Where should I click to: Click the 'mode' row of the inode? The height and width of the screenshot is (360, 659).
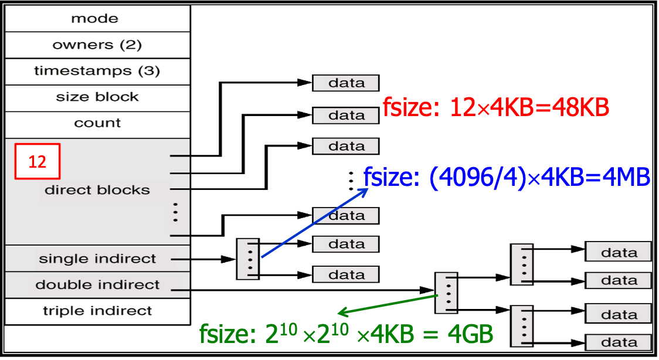97,19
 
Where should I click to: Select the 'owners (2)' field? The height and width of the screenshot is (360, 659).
97,45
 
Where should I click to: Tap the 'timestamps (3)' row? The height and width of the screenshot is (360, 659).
97,72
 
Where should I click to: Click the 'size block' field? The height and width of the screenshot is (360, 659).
97,97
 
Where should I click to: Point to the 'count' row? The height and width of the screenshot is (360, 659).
97,124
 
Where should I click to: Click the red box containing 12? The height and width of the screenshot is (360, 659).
38,161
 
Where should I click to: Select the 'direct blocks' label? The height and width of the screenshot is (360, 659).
97,190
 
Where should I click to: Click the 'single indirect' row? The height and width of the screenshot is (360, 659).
97,259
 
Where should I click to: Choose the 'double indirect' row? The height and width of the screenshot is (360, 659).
97,285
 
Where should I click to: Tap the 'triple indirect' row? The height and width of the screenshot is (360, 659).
97,311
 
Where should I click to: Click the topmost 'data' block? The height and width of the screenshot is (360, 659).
346,83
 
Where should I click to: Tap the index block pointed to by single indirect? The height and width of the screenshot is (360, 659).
248,259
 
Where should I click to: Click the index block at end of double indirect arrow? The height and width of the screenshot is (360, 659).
446,292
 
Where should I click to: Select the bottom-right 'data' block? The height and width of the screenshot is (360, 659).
619,342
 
